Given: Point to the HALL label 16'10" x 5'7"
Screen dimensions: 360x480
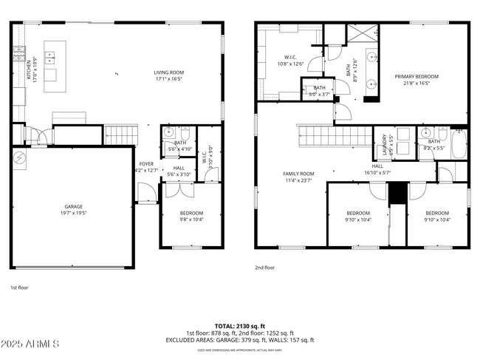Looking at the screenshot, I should (x=377, y=169).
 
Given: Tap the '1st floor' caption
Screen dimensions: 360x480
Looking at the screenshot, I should (x=19, y=287).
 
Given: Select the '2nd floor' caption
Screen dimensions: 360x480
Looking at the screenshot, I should (x=264, y=268).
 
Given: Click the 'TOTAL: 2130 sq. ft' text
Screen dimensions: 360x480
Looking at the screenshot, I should (x=240, y=325).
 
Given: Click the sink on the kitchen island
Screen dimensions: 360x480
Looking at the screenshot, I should (x=50, y=55).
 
